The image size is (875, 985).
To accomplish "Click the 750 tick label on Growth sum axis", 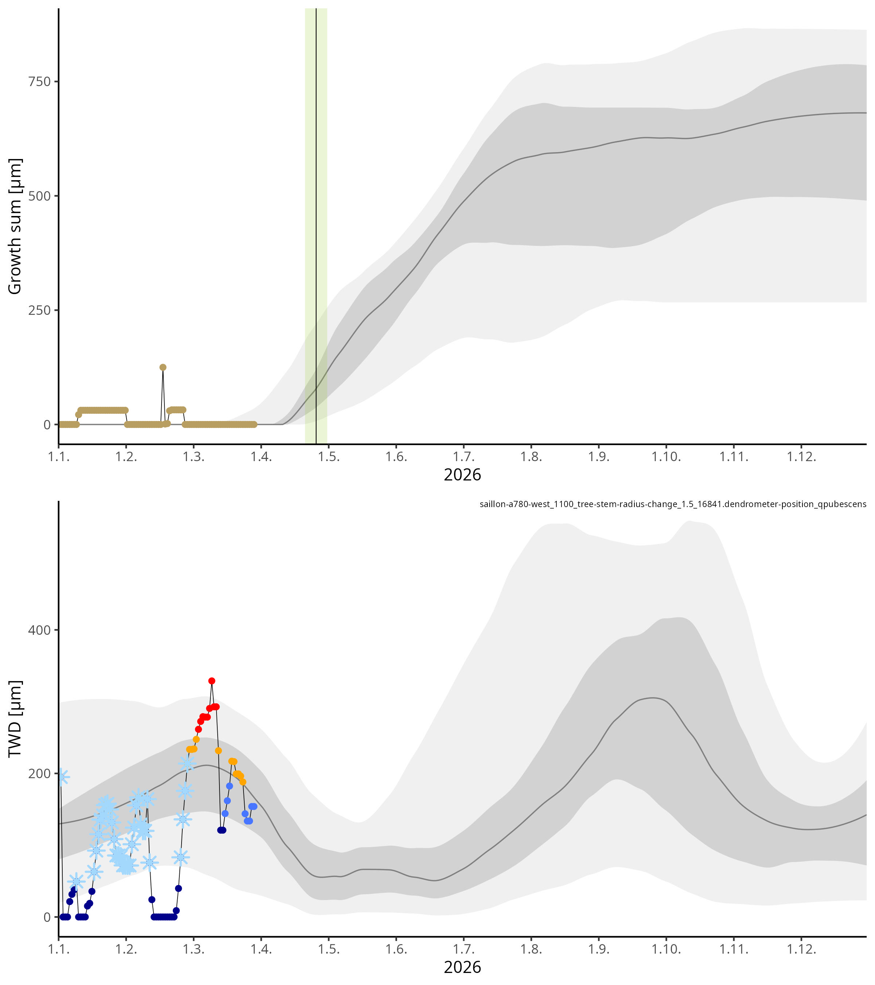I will pos(39,81).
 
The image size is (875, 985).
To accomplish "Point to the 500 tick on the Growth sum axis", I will pos(39,196).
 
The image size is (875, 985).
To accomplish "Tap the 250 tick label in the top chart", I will pos(39,310).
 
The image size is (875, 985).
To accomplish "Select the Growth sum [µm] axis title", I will pos(15,227).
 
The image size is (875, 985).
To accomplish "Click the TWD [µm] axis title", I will pos(15,719).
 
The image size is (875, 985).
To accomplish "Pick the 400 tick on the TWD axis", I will pos(39,630).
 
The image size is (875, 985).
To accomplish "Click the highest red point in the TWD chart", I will pos(211,681).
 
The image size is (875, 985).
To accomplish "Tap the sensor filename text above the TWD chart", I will pos(673,505).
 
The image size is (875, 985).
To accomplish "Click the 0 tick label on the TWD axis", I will pos(47,918).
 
